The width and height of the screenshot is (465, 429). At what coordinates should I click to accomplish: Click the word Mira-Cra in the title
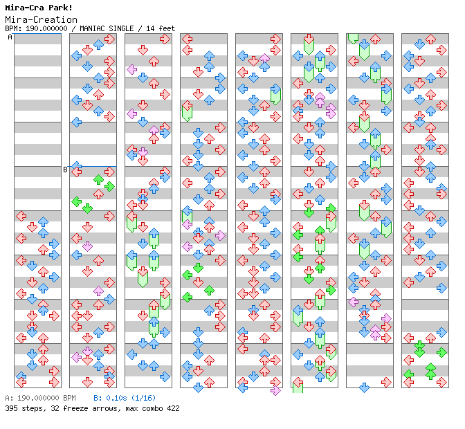point(21,8)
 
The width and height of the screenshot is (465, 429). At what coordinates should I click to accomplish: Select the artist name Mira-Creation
point(41,19)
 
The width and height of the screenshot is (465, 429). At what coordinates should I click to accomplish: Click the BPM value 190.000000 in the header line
point(48,28)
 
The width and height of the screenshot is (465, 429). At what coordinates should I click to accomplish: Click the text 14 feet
point(162,28)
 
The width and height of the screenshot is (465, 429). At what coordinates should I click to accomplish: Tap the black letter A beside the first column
point(10,37)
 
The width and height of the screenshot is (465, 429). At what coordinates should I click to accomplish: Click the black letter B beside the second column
point(65,170)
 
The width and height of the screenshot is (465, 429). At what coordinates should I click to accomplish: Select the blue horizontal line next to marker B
point(93,166)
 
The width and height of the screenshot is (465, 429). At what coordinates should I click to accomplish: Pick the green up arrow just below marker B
point(98,181)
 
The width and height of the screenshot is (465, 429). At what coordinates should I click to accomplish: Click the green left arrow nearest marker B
point(77,201)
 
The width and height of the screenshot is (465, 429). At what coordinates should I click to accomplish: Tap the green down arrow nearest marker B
point(87,208)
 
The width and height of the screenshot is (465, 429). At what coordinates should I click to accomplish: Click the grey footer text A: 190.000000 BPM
point(39,399)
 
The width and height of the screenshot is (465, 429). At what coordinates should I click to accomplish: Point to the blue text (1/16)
point(142,399)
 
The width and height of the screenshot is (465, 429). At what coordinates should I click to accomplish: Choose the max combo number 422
point(170,408)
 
